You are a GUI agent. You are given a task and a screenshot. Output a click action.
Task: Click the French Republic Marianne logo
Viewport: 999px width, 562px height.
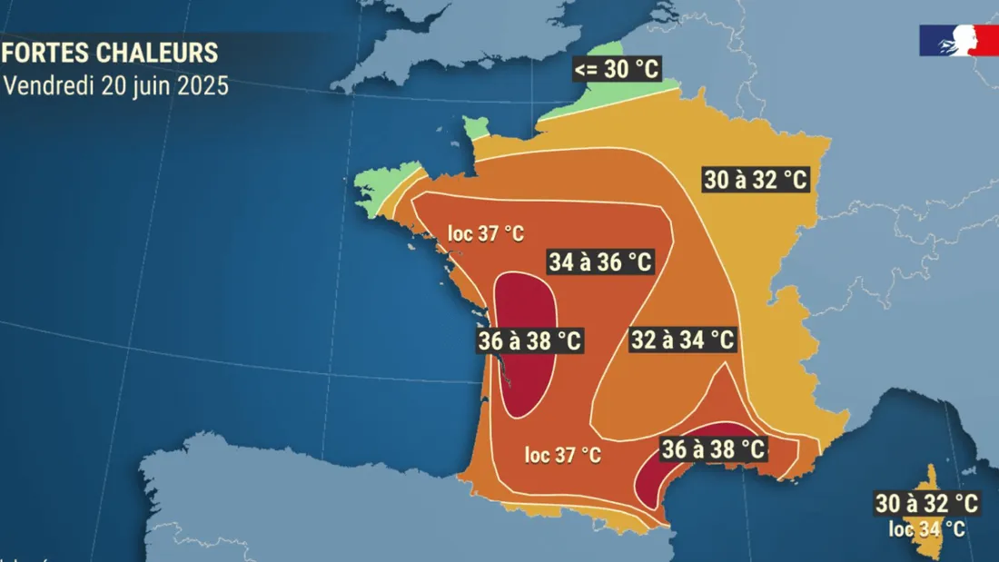point(958,41)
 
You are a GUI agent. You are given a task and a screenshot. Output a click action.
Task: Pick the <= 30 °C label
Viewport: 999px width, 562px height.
point(617,68)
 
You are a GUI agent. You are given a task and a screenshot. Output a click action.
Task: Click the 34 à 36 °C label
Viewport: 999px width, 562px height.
point(600,262)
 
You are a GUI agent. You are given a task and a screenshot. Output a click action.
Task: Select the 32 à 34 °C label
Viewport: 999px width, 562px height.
point(682,340)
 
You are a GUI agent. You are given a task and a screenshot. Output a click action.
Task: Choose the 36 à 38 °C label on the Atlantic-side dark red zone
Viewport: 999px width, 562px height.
point(529,341)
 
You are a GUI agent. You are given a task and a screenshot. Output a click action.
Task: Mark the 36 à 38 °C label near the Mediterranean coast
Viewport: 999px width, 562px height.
point(714,449)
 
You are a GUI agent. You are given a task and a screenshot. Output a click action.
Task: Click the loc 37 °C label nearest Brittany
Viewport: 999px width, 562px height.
point(486,233)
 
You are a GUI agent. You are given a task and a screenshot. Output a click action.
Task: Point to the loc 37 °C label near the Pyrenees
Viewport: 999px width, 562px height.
point(563,455)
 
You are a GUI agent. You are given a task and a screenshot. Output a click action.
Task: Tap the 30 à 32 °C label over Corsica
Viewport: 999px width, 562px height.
point(926,502)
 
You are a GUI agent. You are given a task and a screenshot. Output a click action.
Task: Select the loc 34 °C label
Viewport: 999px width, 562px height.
point(926,528)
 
